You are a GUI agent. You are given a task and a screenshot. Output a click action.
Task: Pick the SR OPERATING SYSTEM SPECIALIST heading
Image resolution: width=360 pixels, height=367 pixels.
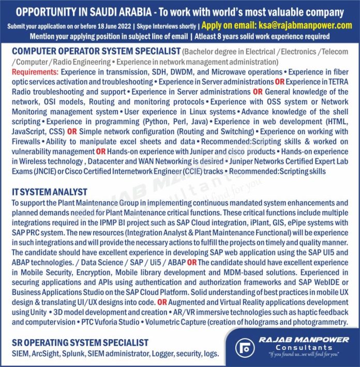pyautogui.click(x=80, y=343)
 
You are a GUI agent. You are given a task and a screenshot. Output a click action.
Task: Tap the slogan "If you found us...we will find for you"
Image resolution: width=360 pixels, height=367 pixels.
pyautogui.click(x=298, y=354)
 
